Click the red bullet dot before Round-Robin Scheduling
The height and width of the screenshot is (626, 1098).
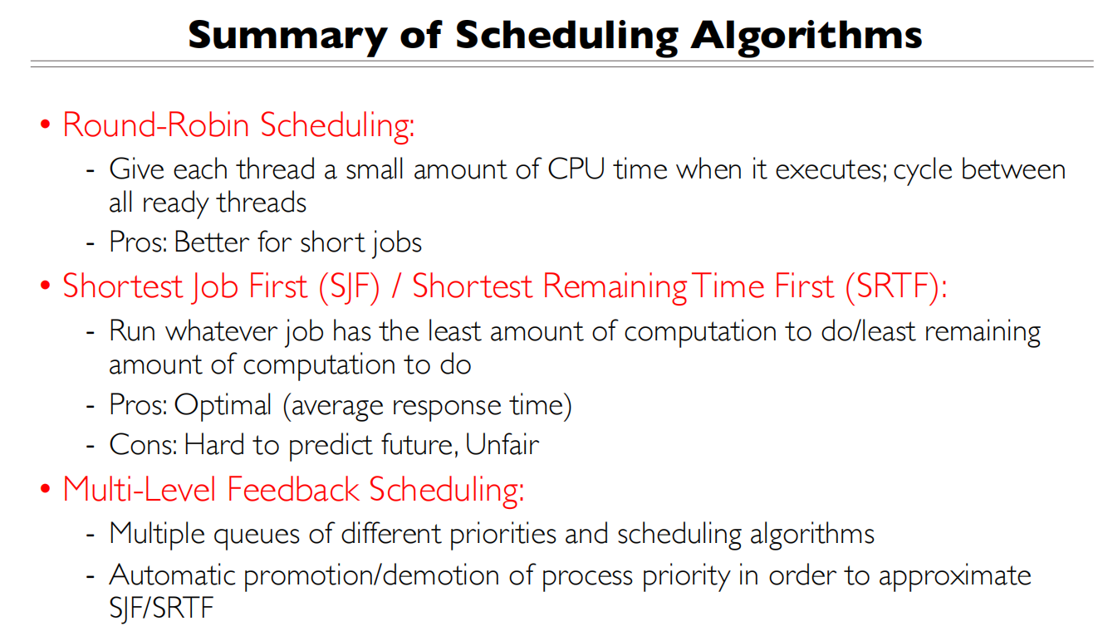pos(46,126)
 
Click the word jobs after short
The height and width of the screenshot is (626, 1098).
pos(394,243)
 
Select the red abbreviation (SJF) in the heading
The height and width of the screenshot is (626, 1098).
pos(350,286)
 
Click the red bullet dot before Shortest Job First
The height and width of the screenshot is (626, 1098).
pos(46,287)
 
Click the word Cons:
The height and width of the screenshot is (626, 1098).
pos(142,445)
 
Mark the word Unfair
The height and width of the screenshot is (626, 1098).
pos(502,445)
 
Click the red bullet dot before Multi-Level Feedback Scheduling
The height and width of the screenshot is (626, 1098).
pos(46,490)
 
